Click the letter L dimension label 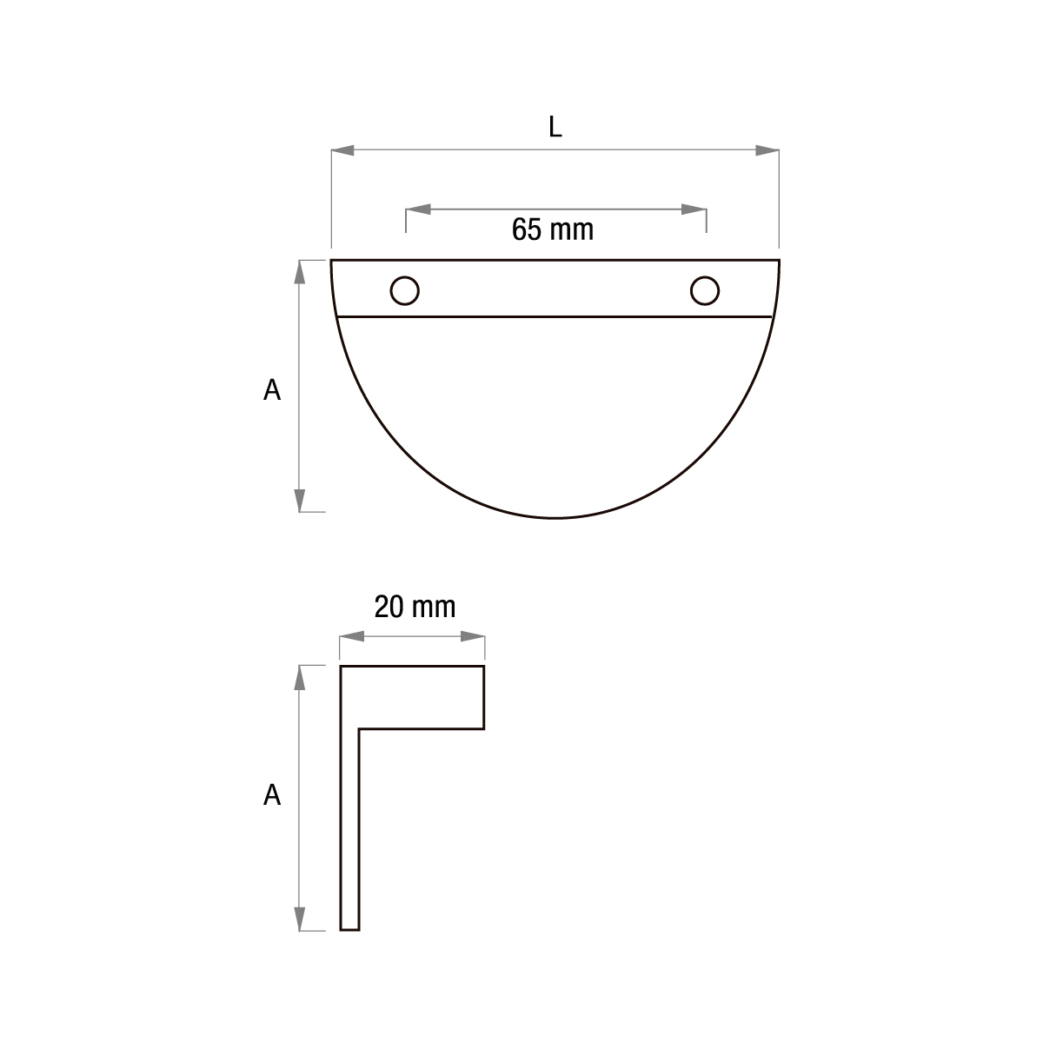555,127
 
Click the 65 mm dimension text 553,229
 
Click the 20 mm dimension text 415,608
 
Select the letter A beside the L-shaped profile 272,795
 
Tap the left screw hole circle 404,290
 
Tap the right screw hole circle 705,290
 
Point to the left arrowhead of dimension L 342,150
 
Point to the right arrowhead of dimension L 767,150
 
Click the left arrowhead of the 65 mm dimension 418,209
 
